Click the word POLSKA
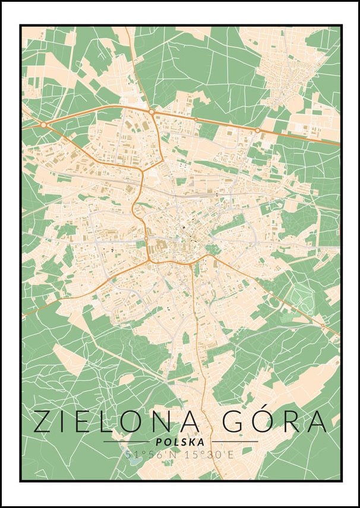click(179, 442)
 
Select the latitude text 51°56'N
click(149, 455)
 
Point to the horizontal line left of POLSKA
click(125, 442)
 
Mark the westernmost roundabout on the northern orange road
click(43, 125)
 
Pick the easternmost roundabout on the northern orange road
click(257, 130)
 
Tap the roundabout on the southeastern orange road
click(323, 325)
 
